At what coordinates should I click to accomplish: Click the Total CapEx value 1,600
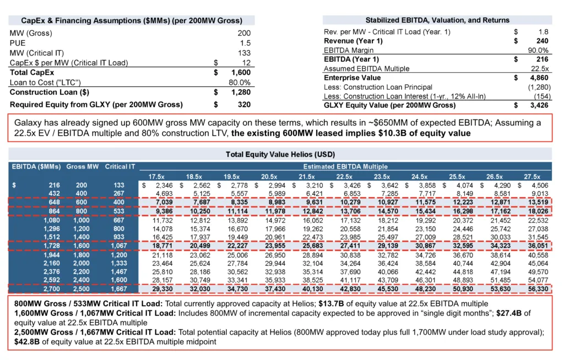pyautogui.click(x=241, y=72)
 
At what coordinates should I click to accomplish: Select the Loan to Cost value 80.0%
pyautogui.click(x=240, y=83)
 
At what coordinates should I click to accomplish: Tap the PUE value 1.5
pyautogui.click(x=245, y=43)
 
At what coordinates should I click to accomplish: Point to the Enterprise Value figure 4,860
pyautogui.click(x=539, y=78)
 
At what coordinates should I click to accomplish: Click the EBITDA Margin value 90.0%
pyautogui.click(x=538, y=50)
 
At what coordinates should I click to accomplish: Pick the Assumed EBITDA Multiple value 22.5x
pyautogui.click(x=540, y=69)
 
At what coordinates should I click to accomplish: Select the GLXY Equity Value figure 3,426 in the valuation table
pyautogui.click(x=539, y=105)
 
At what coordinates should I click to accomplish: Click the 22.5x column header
pyautogui.click(x=344, y=177)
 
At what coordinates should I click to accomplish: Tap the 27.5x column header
pyautogui.click(x=532, y=177)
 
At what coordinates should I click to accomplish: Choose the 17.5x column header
pyautogui.click(x=156, y=177)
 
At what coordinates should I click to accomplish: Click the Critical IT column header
pyautogui.click(x=120, y=166)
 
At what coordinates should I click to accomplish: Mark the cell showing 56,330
pyautogui.click(x=538, y=289)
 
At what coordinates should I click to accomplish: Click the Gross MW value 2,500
pyautogui.click(x=82, y=289)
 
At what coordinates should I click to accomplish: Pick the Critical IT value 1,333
pyautogui.click(x=119, y=263)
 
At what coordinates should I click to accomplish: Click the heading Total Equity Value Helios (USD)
pyautogui.click(x=280, y=154)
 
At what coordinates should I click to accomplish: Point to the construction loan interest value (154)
pyautogui.click(x=543, y=96)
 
